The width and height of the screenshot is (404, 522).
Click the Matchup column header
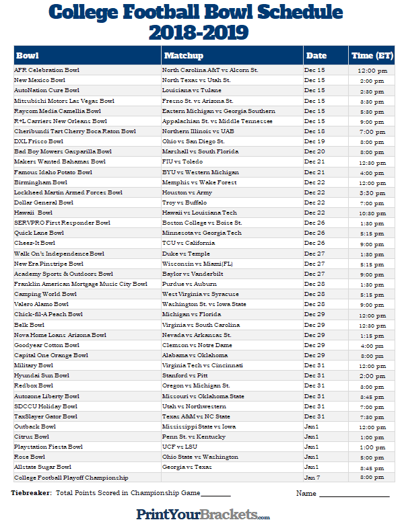183,56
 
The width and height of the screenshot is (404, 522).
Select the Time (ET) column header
372,56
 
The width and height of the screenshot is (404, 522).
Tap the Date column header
316,56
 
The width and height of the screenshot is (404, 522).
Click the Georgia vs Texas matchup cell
187,467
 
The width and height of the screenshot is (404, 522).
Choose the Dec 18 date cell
314,131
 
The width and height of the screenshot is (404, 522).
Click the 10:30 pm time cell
372,213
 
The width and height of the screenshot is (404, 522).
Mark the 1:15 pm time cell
372,335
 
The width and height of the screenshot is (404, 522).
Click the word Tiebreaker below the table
31,493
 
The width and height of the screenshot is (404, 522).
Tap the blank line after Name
354,494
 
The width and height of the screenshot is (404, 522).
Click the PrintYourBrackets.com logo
202,514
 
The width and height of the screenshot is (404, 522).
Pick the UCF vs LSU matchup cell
179,447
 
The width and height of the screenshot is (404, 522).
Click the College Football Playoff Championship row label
71,478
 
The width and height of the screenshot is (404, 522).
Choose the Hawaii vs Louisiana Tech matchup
199,213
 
